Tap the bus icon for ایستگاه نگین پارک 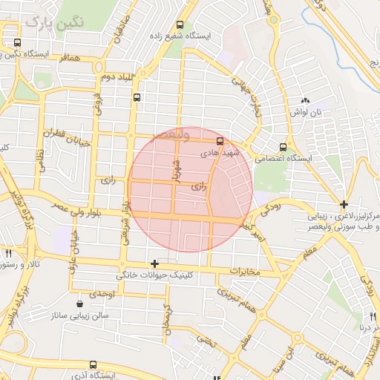[x=17, y=43]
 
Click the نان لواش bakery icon [x=304, y=101]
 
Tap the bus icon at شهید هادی [x=219, y=141]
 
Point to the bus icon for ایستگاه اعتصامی [x=282, y=147]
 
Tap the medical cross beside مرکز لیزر [x=343, y=204]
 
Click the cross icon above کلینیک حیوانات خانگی [x=154, y=263]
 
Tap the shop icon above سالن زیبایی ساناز [x=79, y=304]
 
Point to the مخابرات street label [x=246, y=271]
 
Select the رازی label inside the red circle [x=198, y=186]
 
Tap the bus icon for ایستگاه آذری [x=93, y=364]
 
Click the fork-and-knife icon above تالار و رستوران [x=8, y=253]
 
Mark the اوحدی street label [x=103, y=295]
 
